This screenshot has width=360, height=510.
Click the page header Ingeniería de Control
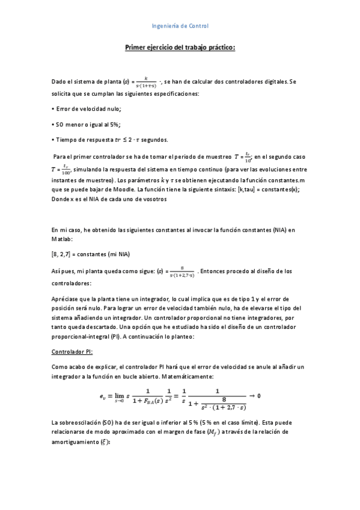pyautogui.click(x=180, y=26)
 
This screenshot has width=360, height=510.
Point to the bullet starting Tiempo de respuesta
pyautogui.click(x=108, y=140)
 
